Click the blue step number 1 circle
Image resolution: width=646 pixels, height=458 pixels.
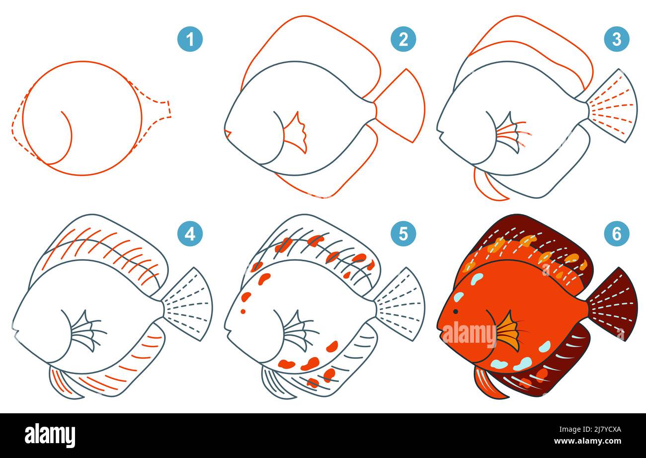[x=190, y=39]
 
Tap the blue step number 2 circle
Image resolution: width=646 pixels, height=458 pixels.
[x=403, y=39]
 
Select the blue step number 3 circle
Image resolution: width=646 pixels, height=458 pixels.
[x=616, y=39]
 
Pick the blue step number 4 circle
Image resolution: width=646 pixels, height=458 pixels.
[x=190, y=233]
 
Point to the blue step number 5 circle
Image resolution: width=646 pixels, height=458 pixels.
[x=403, y=233]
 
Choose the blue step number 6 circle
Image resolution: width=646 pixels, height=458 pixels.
[x=616, y=233]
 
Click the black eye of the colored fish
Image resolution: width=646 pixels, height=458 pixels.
[x=455, y=311]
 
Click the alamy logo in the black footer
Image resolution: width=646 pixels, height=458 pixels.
[x=50, y=435]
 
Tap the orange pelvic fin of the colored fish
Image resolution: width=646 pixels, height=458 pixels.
[x=486, y=382]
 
